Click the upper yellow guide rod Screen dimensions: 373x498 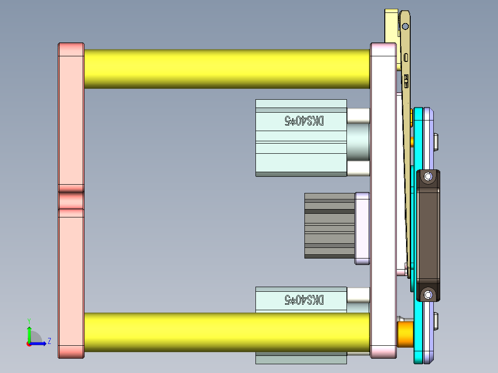(x=226, y=69)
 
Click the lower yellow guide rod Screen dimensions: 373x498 (x=226, y=332)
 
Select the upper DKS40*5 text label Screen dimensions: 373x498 (x=304, y=121)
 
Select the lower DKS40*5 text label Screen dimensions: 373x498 (x=304, y=300)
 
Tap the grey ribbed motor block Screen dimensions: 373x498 (x=329, y=225)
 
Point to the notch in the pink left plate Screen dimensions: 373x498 (x=71, y=200)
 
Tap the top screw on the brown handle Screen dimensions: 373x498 (x=428, y=176)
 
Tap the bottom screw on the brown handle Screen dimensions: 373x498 (x=428, y=294)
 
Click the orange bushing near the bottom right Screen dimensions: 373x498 (x=405, y=334)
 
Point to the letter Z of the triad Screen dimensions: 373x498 (x=49, y=341)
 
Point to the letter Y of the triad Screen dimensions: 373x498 (x=29, y=320)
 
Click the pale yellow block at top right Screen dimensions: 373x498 (x=391, y=28)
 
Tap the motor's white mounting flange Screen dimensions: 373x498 (x=362, y=229)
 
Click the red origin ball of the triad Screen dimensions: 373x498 (x=29, y=343)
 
